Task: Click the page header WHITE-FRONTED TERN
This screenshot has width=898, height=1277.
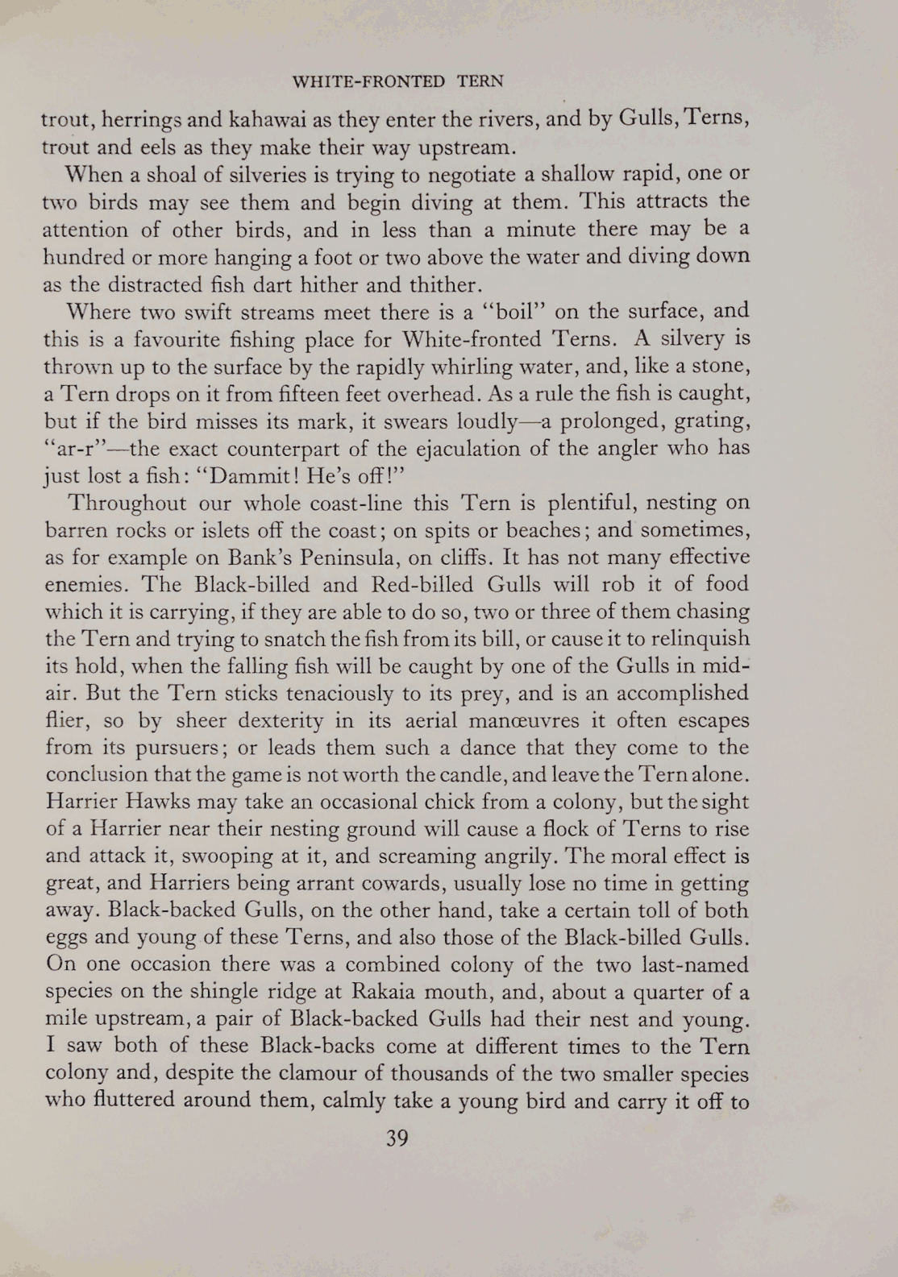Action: pyautogui.click(x=397, y=81)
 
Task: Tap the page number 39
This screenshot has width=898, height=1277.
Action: pyautogui.click(x=397, y=1138)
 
